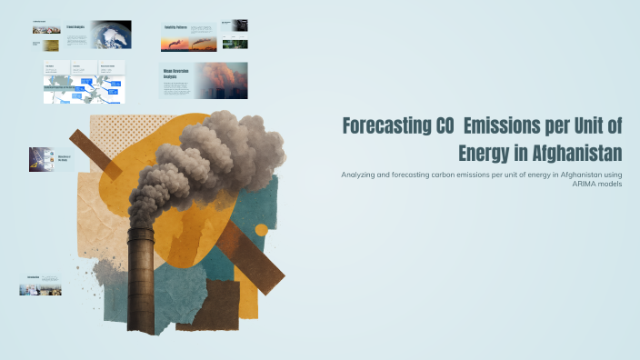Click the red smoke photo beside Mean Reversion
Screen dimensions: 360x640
(225, 80)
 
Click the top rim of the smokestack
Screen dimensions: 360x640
(141, 231)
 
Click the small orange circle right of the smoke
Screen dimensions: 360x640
(261, 230)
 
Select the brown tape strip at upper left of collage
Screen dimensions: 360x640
(95, 153)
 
